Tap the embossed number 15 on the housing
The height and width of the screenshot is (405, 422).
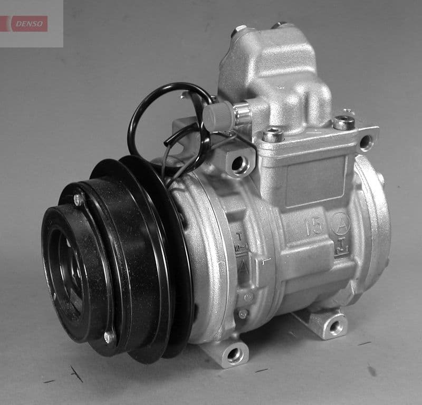click(x=315, y=225)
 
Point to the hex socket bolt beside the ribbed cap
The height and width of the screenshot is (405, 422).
click(x=273, y=136)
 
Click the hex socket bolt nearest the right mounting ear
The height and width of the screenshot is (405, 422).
click(x=343, y=123)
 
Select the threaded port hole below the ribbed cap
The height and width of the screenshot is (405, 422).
click(x=240, y=165)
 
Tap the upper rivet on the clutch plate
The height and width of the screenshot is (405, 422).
click(x=79, y=199)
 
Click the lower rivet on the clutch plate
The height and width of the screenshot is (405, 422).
click(x=109, y=336)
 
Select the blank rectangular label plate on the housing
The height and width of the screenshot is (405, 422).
click(x=315, y=181)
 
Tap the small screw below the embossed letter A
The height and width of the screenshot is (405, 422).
click(x=243, y=314)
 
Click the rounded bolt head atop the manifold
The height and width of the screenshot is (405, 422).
click(x=239, y=30)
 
